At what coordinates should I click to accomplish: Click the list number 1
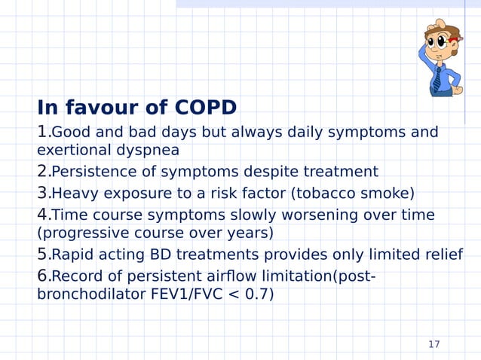pyautogui.click(x=42, y=133)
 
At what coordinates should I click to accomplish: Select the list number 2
pyautogui.click(x=42, y=171)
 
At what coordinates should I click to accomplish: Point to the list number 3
pyautogui.click(x=42, y=193)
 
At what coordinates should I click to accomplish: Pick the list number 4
pyautogui.click(x=42, y=215)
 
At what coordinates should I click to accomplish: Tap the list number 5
pyautogui.click(x=42, y=254)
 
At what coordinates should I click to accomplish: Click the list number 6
pyautogui.click(x=42, y=276)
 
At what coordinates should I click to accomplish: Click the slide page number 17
pyautogui.click(x=434, y=345)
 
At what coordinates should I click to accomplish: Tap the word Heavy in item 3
pyautogui.click(x=74, y=194)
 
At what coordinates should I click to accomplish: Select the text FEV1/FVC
pyautogui.click(x=176, y=294)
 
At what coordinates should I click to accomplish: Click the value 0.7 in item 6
pyautogui.click(x=256, y=294)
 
